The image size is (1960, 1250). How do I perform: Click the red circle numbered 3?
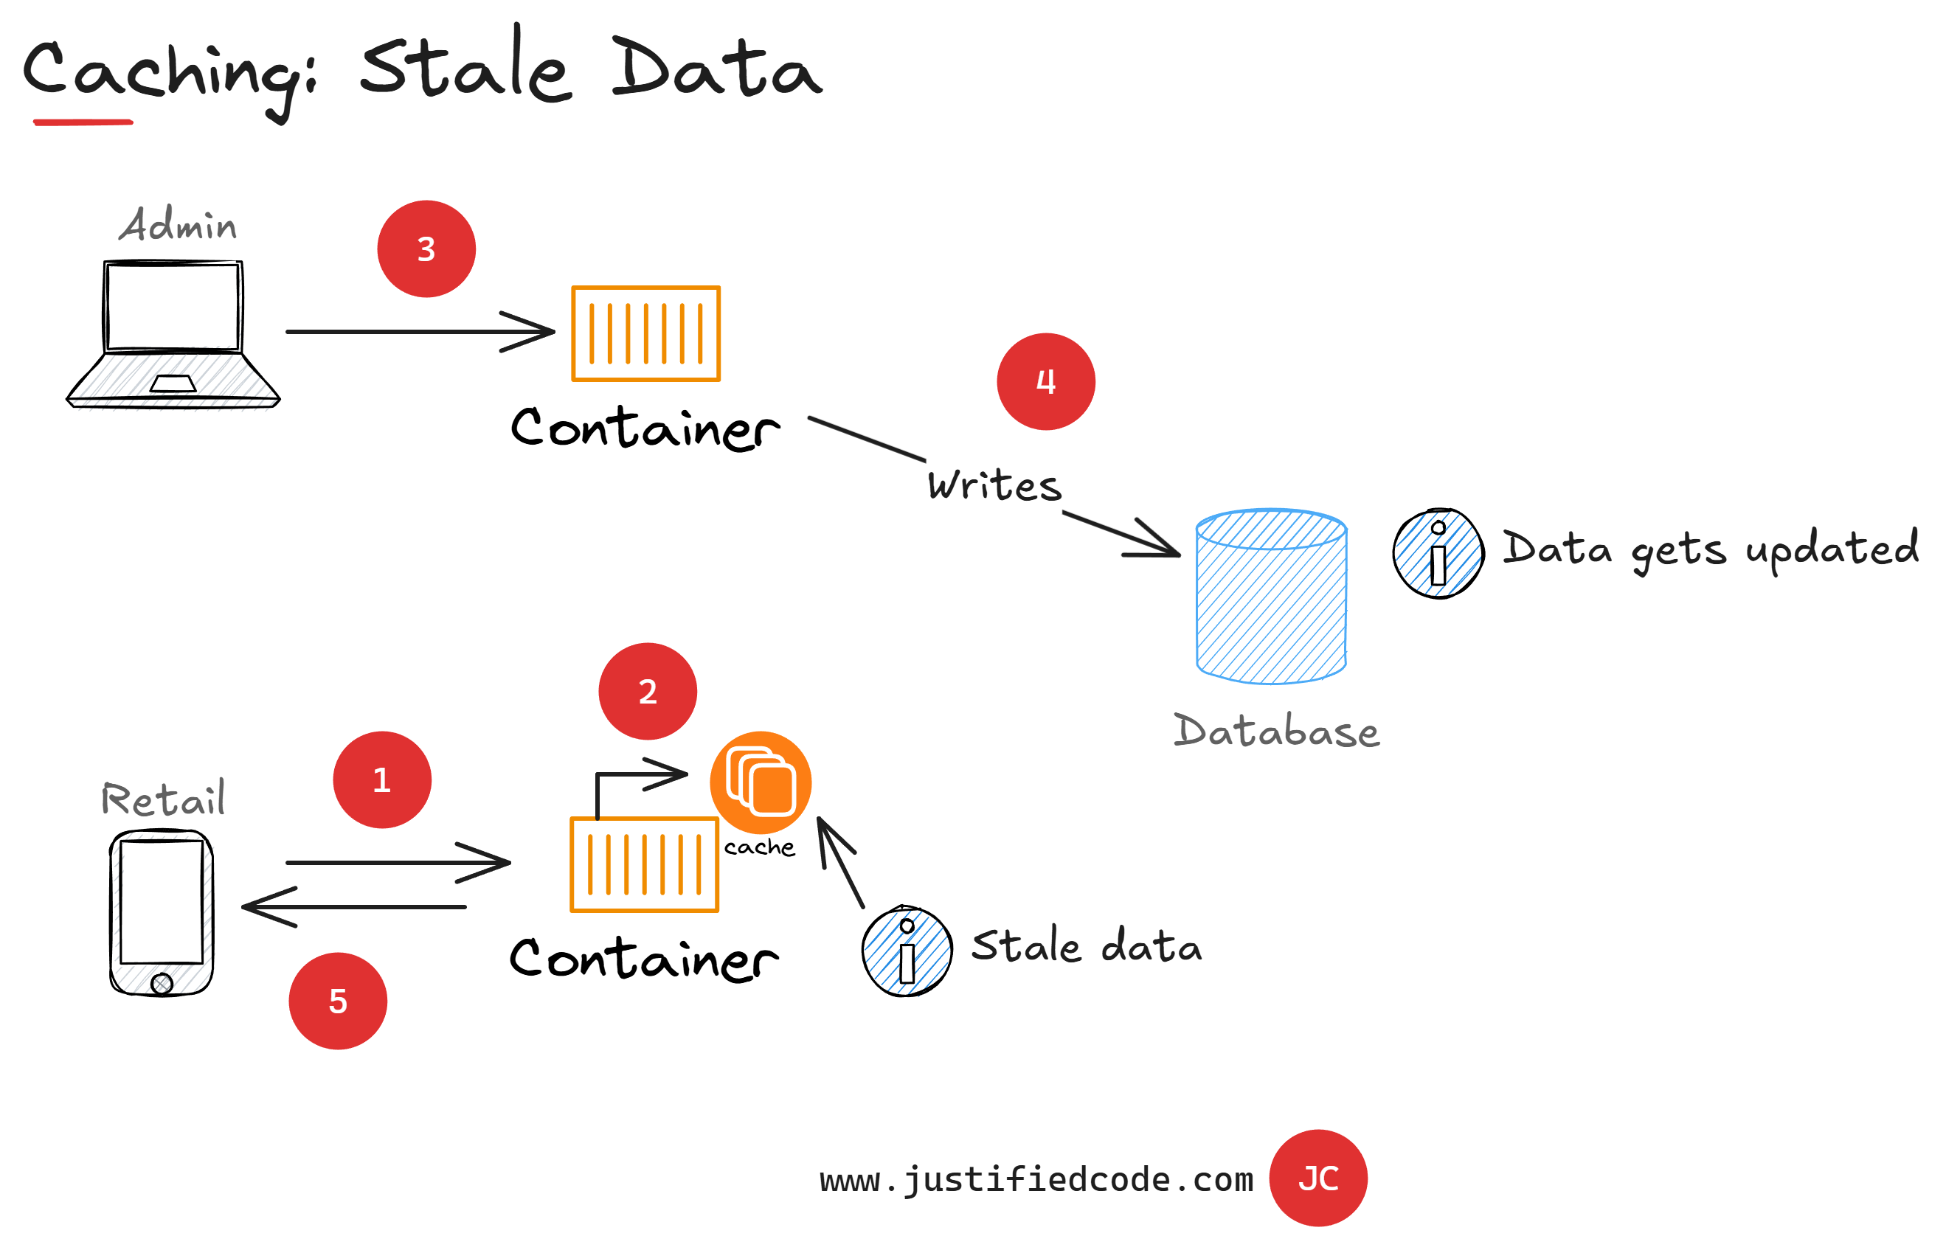pyautogui.click(x=426, y=249)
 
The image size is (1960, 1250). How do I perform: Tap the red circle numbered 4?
pyautogui.click(x=1045, y=382)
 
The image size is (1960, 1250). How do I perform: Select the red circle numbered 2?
pyautogui.click(x=647, y=691)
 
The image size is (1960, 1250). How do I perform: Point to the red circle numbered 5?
pyautogui.click(x=338, y=1001)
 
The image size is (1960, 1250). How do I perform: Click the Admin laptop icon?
pyautogui.click(x=173, y=333)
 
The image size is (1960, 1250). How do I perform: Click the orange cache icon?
pyautogui.click(x=761, y=782)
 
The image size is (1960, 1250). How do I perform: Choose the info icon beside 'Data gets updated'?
pyautogui.click(x=1438, y=553)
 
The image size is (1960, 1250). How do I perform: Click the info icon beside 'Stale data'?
pyautogui.click(x=907, y=951)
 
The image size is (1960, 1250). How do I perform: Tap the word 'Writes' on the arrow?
pyautogui.click(x=994, y=485)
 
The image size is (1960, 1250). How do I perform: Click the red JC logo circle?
pyautogui.click(x=1317, y=1178)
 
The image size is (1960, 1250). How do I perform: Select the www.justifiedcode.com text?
pyautogui.click(x=1036, y=1179)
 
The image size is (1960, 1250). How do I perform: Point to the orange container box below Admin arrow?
pyautogui.click(x=645, y=333)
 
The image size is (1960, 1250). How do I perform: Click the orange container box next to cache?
pyautogui.click(x=644, y=864)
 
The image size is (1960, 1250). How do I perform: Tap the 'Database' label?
pyautogui.click(x=1276, y=731)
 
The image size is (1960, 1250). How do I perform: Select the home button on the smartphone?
pyautogui.click(x=162, y=984)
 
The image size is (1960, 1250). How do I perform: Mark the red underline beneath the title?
pyautogui.click(x=83, y=122)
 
